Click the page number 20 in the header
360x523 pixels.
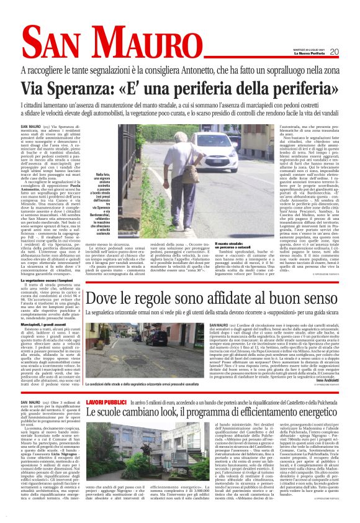[x=335, y=52]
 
